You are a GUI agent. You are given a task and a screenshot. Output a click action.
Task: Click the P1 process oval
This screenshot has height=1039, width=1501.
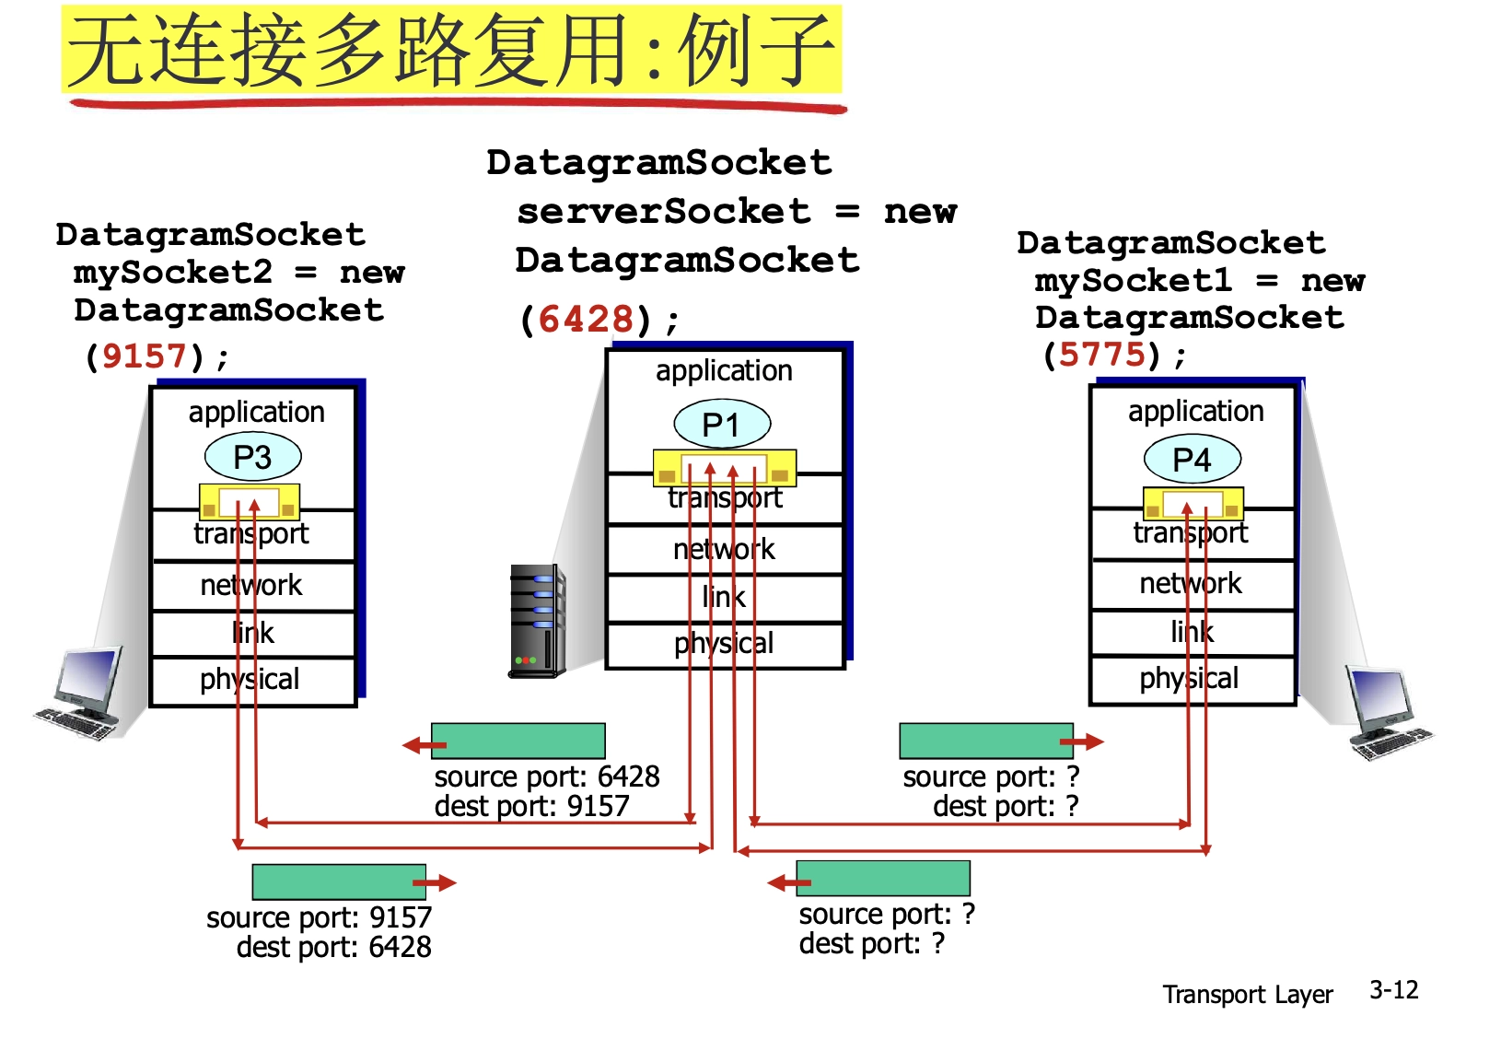[722, 425]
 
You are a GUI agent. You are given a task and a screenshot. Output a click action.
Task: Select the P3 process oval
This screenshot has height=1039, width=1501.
[252, 457]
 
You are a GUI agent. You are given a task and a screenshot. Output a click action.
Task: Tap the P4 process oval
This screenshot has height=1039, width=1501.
[1192, 459]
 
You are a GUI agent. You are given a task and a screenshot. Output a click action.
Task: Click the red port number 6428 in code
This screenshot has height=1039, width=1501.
[586, 320]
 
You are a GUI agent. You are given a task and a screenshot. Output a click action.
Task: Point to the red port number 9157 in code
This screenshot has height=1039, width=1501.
[145, 356]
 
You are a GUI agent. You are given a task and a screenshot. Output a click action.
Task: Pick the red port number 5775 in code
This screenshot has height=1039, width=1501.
[1102, 354]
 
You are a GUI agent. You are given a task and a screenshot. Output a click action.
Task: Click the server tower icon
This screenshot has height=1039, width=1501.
[537, 622]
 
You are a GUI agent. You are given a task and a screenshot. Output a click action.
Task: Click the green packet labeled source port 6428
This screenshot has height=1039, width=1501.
[518, 741]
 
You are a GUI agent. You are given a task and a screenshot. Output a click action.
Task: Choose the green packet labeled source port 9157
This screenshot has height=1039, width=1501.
[339, 881]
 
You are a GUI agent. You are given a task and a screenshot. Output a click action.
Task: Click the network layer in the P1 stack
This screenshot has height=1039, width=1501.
[725, 550]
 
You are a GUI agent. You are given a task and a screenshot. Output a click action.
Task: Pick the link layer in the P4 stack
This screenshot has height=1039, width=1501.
[1193, 632]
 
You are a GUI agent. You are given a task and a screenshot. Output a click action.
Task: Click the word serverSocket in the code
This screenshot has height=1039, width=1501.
[664, 212]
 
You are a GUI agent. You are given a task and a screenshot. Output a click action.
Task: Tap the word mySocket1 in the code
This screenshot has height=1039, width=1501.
[1133, 280]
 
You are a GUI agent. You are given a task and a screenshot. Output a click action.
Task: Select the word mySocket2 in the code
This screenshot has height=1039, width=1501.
[173, 273]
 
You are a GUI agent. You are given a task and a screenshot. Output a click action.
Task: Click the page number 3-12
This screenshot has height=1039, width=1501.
[1393, 990]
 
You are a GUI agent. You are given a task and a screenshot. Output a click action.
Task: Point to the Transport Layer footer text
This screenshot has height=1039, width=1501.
[1247, 995]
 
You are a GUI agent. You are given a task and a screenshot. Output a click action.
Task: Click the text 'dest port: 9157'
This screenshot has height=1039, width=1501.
[531, 806]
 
